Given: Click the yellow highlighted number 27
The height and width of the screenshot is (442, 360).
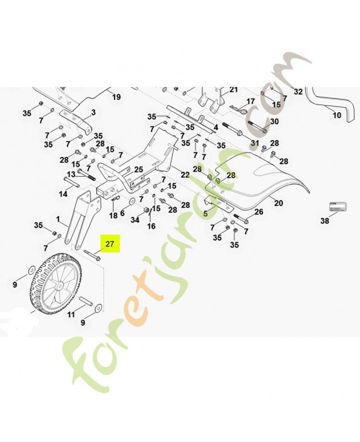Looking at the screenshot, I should (109, 244).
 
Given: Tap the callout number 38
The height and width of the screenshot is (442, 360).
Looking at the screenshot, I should (325, 220).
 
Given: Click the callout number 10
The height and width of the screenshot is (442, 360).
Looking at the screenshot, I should (337, 115).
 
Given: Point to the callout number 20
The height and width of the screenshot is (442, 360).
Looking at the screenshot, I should (278, 203).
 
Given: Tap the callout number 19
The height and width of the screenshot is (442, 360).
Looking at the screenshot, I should (116, 97).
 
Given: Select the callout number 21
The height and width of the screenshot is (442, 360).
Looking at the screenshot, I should (233, 90).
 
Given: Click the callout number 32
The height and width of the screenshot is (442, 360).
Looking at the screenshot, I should (298, 91).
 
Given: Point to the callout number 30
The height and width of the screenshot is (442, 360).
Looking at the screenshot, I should (274, 122).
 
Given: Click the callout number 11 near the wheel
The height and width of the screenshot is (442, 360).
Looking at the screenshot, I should (71, 314).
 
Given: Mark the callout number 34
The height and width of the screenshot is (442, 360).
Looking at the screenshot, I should (135, 220).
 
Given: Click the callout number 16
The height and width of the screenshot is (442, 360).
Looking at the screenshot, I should (151, 226).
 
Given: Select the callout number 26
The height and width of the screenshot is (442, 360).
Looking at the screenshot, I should (258, 212).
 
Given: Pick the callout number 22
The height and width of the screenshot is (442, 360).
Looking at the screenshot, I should (185, 175).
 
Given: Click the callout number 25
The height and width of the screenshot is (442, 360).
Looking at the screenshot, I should (139, 170).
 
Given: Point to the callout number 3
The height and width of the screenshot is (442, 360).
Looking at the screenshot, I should (93, 112).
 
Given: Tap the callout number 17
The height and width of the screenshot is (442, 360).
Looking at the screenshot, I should (251, 102).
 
